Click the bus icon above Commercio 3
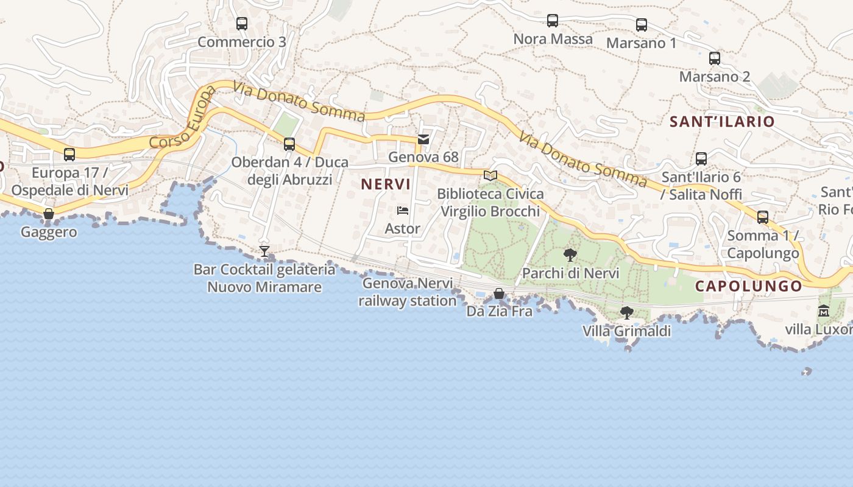pyautogui.click(x=242, y=24)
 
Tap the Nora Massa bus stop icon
pyautogui.click(x=553, y=21)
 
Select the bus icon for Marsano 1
pyautogui.click(x=642, y=25)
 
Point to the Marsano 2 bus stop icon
pyautogui.click(x=715, y=58)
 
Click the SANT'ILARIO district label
pyautogui.click(x=722, y=121)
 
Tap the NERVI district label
pyautogui.click(x=386, y=184)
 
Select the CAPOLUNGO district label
pyautogui.click(x=749, y=286)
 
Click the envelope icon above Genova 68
pyautogui.click(x=423, y=139)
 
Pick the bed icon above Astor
pyautogui.click(x=403, y=211)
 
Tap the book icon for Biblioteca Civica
pyautogui.click(x=490, y=175)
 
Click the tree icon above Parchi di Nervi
pyautogui.click(x=570, y=254)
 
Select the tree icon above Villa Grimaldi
pyautogui.click(x=626, y=313)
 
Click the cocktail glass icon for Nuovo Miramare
pyautogui.click(x=264, y=251)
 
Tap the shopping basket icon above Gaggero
pyautogui.click(x=49, y=214)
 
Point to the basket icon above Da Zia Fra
pyautogui.click(x=499, y=293)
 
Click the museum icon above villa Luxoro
pyautogui.click(x=824, y=311)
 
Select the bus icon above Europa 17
pyautogui.click(x=69, y=155)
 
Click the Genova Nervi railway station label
pyautogui.click(x=408, y=292)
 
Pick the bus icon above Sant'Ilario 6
pyautogui.click(x=701, y=159)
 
